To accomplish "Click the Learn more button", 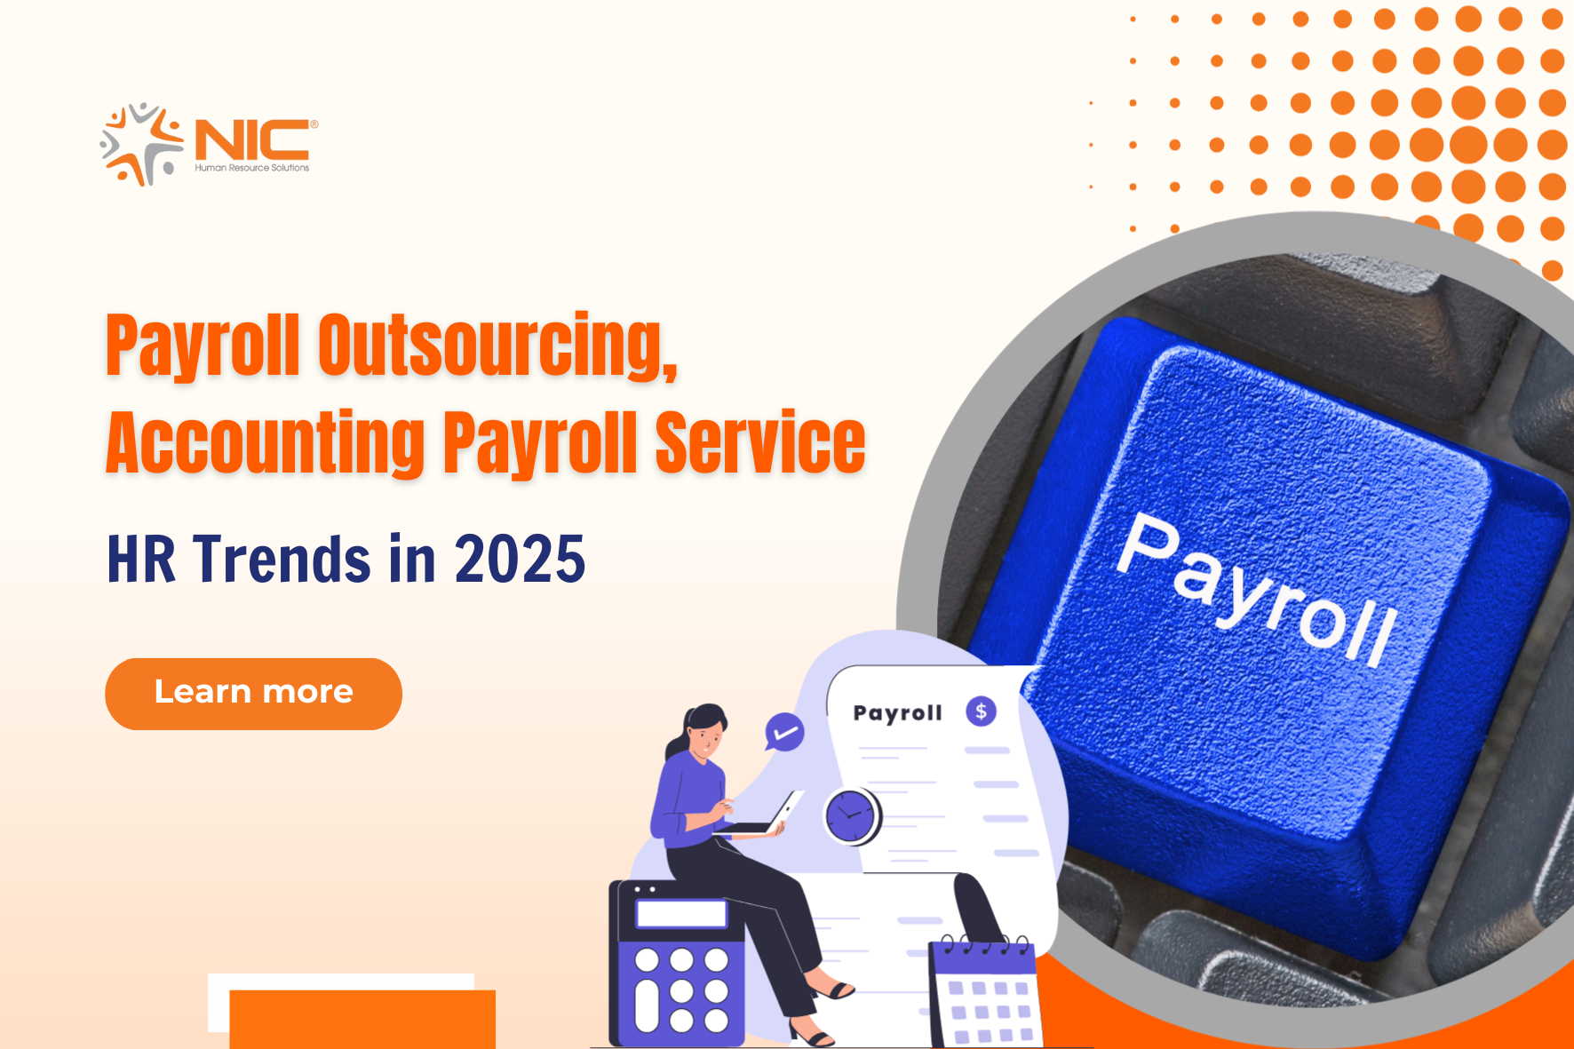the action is click(x=253, y=694).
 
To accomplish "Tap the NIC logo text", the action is click(x=252, y=139).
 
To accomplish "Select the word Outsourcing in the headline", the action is click(x=497, y=346).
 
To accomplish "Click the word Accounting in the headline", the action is click(x=266, y=443).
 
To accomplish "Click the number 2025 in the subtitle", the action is click(x=520, y=559).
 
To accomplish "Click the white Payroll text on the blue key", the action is click(x=1257, y=587).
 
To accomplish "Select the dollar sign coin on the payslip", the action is click(x=982, y=711).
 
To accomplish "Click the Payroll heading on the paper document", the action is click(x=897, y=712).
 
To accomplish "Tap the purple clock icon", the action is click(x=851, y=815).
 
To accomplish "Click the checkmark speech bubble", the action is click(x=784, y=733).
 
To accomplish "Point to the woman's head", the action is click(x=704, y=730).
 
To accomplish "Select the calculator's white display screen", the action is click(x=681, y=913).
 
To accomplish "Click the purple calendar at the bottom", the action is click(x=983, y=993).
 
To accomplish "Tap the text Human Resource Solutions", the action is click(x=252, y=168).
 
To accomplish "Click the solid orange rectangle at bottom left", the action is click(x=362, y=1020).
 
